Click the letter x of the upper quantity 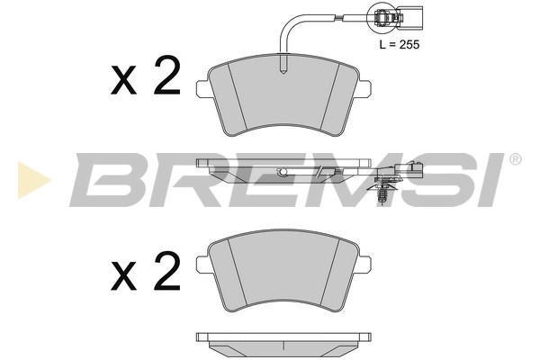122,84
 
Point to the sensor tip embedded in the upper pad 283,67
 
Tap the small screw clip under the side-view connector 383,191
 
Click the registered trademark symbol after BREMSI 515,160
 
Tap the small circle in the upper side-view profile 283,172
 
